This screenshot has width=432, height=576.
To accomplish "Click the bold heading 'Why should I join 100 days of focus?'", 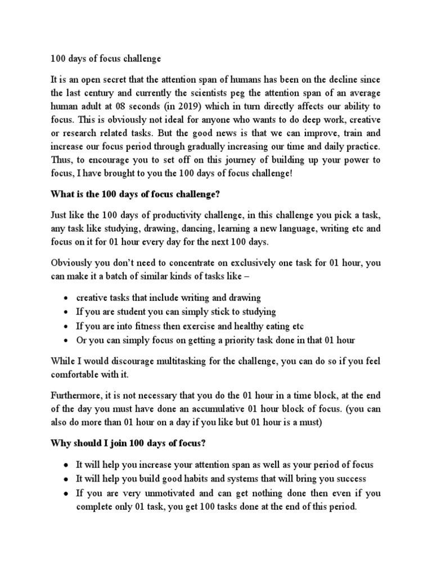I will click(129, 444).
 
